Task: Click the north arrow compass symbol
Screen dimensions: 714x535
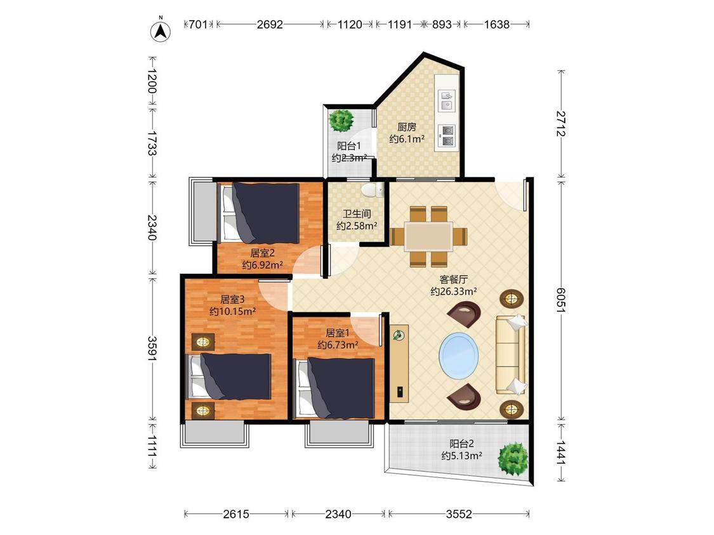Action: pyautogui.click(x=161, y=32)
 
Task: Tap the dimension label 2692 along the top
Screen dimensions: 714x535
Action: pyautogui.click(x=270, y=24)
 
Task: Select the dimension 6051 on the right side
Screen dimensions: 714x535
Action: pyautogui.click(x=560, y=299)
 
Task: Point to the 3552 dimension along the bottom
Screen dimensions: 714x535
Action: pyautogui.click(x=458, y=514)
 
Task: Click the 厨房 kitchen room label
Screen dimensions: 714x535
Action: pyautogui.click(x=407, y=127)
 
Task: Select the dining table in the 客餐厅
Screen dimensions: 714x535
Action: pyautogui.click(x=428, y=236)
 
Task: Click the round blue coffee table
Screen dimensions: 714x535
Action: pyautogui.click(x=458, y=356)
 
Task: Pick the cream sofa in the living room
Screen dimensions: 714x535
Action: pyautogui.click(x=511, y=354)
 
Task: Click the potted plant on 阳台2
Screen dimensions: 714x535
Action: pyautogui.click(x=513, y=460)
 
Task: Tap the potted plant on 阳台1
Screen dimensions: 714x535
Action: pyautogui.click(x=341, y=120)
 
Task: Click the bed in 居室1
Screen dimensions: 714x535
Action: pyautogui.click(x=336, y=387)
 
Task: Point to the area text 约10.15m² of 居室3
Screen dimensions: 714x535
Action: pyautogui.click(x=232, y=312)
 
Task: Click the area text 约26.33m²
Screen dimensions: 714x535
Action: pyautogui.click(x=454, y=292)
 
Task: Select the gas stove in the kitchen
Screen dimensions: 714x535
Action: pyautogui.click(x=447, y=135)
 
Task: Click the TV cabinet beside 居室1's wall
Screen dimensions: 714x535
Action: pyautogui.click(x=399, y=363)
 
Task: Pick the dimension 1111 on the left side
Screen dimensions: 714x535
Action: pyautogui.click(x=152, y=447)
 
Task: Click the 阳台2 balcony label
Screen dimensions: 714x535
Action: pyautogui.click(x=462, y=444)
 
